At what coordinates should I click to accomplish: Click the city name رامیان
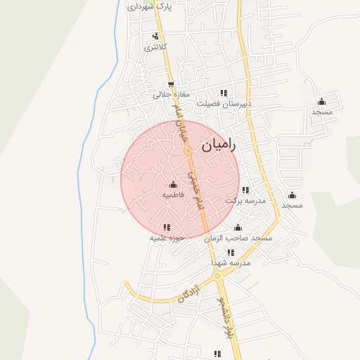click(220, 146)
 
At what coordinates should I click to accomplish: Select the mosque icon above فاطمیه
click(174, 184)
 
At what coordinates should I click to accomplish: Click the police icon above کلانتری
click(155, 37)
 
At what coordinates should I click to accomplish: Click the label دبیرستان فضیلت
click(224, 103)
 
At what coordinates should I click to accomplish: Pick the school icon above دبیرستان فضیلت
click(224, 93)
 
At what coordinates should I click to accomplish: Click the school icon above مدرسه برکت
click(245, 190)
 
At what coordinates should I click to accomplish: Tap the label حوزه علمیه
click(167, 238)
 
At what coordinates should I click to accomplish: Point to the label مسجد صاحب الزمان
click(238, 238)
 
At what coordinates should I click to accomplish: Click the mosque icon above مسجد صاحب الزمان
click(238, 228)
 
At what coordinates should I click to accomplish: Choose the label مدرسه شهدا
click(231, 262)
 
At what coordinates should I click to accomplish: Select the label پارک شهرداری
click(149, 7)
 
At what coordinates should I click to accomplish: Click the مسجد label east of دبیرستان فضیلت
click(322, 112)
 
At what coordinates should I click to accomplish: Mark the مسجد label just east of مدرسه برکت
click(292, 205)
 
